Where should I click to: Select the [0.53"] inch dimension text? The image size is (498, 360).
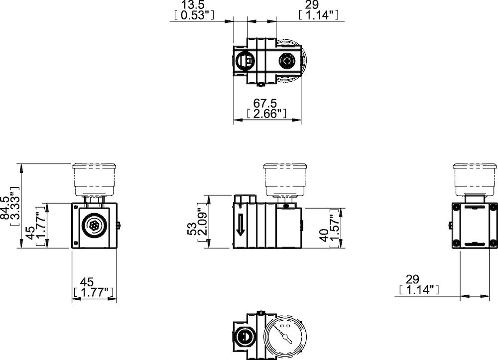coord(194,15)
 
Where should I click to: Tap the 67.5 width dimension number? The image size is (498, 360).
coord(265,103)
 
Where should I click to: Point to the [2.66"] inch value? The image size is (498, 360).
coord(266,114)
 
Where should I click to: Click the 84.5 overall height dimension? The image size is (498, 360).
coord(5,208)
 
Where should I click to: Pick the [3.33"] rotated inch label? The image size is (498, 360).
coord(15,206)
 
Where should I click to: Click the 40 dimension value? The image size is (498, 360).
coord(324,235)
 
